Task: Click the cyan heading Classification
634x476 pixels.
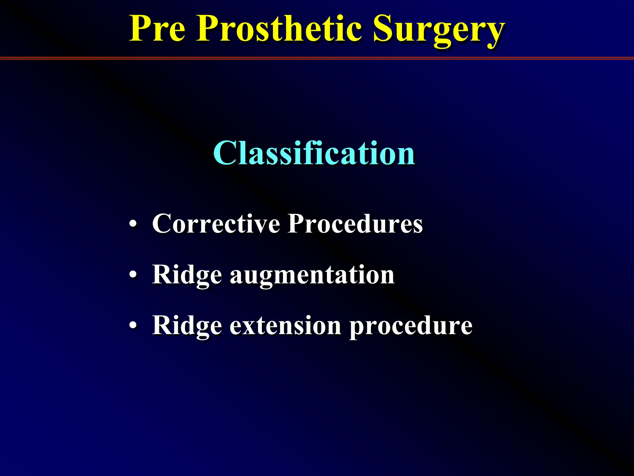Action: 314,153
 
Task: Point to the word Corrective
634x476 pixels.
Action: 216,224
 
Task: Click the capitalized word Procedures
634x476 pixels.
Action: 355,224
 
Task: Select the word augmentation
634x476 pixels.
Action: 312,275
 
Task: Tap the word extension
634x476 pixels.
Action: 285,326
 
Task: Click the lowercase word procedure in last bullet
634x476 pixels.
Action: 411,326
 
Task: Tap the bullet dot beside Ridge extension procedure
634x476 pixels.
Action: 133,326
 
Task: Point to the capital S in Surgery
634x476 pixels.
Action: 384,29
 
